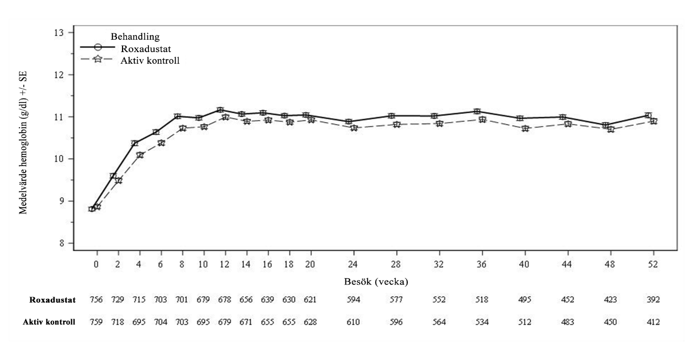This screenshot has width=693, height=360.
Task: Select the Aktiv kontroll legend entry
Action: (150, 60)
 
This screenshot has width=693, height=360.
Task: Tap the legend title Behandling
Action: (135, 37)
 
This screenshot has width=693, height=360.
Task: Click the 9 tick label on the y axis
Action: (61, 201)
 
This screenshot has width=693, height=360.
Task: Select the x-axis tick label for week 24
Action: (353, 265)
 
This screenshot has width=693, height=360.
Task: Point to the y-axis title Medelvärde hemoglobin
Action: (23, 142)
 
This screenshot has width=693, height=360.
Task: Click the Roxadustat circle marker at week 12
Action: (220, 110)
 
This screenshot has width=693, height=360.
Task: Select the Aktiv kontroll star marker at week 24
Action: (354, 128)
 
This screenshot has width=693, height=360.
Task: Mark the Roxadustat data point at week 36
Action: (477, 111)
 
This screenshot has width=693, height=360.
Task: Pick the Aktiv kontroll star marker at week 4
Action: (140, 155)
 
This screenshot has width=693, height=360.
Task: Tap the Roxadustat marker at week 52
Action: (648, 115)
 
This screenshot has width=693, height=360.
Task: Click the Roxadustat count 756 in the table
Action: (96, 300)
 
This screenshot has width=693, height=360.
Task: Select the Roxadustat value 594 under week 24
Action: (353, 300)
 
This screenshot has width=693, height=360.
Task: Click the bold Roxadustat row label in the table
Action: (52, 300)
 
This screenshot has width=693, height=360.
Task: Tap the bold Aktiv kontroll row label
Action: (49, 322)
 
